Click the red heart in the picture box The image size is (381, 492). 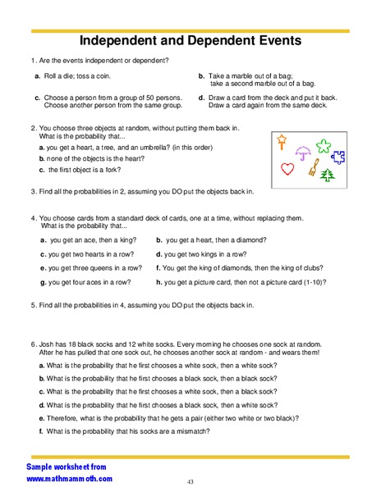[287, 170]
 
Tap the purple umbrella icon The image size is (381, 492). [302, 150]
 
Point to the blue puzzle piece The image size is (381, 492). [339, 156]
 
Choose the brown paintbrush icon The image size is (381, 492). [313, 170]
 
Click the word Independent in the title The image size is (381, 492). [129, 40]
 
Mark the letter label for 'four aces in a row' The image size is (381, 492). [43, 282]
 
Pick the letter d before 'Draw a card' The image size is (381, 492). [201, 98]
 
